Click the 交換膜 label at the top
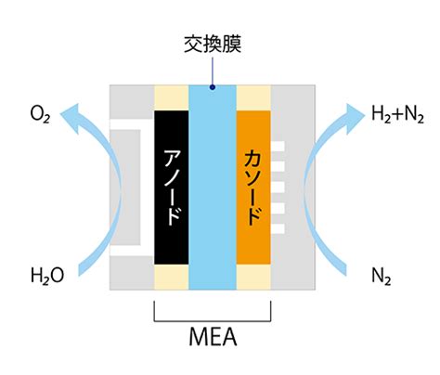coord(213,45)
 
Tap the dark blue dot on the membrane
coord(213,87)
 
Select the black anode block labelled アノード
coord(172,187)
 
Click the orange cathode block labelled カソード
coord(253,187)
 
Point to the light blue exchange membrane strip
coord(213,187)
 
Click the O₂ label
coord(40,114)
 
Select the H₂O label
coord(47,275)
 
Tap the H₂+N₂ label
coord(397,114)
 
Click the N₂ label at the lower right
coord(381,276)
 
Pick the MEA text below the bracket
coord(213,337)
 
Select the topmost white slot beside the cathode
coord(278,147)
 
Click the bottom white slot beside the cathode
coord(278,228)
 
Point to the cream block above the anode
coord(172,97)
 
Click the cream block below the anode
coord(172,278)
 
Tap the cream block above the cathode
coord(253,97)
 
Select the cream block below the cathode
coord(253,278)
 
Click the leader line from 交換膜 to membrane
coord(213,71)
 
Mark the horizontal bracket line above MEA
coord(213,321)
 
